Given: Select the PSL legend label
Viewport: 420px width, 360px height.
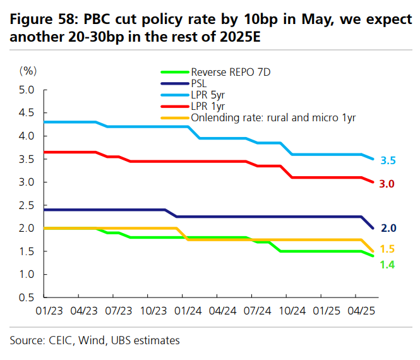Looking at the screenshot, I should (199, 83).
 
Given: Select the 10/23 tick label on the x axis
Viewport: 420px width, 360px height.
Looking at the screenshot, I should (154, 311).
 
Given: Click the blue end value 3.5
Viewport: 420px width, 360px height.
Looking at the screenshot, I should (388, 161).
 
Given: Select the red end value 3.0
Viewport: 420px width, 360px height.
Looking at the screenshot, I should (388, 184).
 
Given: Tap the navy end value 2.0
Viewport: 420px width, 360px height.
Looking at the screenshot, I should (388, 228).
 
